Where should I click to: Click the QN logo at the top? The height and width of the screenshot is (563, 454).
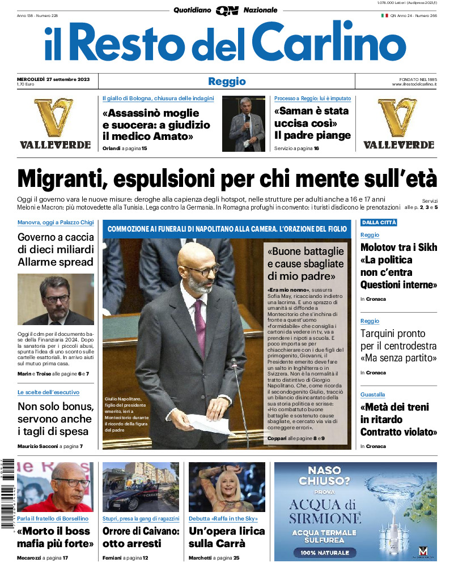pos(227,10)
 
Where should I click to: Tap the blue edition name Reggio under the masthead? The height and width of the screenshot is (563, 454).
pos(227,82)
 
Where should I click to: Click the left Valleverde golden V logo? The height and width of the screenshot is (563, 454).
pos(54,117)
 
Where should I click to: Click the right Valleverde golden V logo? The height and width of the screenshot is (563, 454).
pos(398,117)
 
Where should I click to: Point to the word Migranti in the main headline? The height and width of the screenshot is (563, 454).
pos(60,179)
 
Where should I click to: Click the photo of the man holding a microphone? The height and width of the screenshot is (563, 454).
pos(243,123)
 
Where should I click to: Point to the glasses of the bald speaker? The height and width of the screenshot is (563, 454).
pos(202,270)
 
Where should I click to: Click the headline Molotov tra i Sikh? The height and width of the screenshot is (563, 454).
pos(398,248)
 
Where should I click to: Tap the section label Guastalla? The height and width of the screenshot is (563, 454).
pos(372,394)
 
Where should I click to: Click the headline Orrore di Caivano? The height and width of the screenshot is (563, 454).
pos(141,531)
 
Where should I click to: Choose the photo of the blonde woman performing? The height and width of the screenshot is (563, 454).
pos(227,487)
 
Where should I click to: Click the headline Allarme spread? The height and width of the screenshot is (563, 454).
pos(55,262)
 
